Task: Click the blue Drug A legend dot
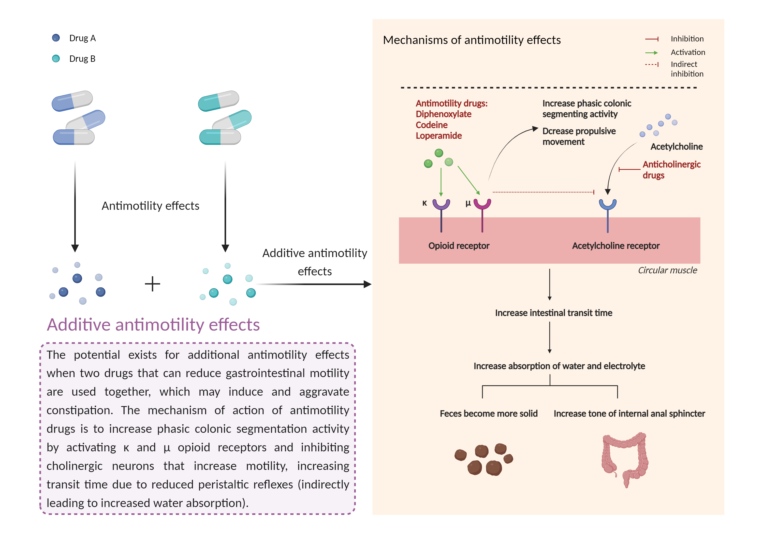click(x=56, y=38)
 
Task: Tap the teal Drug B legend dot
click(x=56, y=58)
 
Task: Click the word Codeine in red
click(x=431, y=125)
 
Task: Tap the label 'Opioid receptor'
click(x=459, y=246)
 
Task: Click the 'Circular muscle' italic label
click(x=667, y=270)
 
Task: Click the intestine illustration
click(x=625, y=458)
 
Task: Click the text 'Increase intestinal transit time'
click(x=553, y=313)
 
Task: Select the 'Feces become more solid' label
click(x=489, y=413)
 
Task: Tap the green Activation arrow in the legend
click(x=651, y=52)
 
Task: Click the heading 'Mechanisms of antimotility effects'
click(x=472, y=40)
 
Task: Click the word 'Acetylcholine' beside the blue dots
click(x=676, y=146)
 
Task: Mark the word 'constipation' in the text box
click(x=79, y=410)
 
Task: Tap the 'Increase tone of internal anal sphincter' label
click(x=629, y=413)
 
